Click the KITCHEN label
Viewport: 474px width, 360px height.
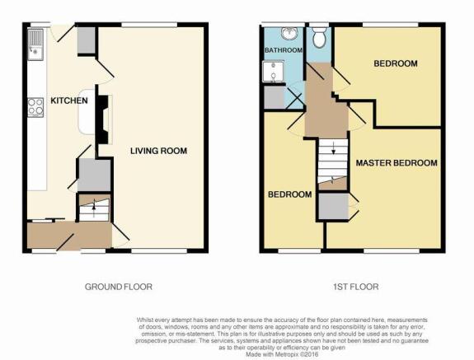pos(69,101)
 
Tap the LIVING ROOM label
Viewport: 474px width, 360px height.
pos(159,151)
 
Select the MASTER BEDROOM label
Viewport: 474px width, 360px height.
pos(397,163)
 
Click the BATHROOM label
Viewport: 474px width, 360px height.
pos(284,49)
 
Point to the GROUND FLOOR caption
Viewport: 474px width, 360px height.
pos(119,287)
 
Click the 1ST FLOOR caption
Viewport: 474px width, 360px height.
pos(356,287)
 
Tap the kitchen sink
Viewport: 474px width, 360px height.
pos(35,44)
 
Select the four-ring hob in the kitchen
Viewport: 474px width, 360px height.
pos(35,107)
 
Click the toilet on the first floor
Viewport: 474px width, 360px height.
pos(319,37)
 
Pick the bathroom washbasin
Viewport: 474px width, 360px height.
pos(289,33)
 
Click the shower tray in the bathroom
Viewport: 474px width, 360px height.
pos(274,72)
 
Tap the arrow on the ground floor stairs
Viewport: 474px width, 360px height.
pos(94,208)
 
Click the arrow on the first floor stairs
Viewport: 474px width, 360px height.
pos(333,147)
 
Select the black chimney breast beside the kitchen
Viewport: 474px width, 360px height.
pos(102,119)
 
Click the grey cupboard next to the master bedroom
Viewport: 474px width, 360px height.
pos(334,206)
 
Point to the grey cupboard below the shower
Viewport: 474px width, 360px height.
pos(275,97)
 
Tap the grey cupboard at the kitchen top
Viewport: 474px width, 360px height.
pos(87,40)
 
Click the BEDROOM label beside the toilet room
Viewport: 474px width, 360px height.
pos(396,63)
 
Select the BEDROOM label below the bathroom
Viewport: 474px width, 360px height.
pos(290,194)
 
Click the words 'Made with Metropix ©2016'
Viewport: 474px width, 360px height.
pos(282,354)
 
